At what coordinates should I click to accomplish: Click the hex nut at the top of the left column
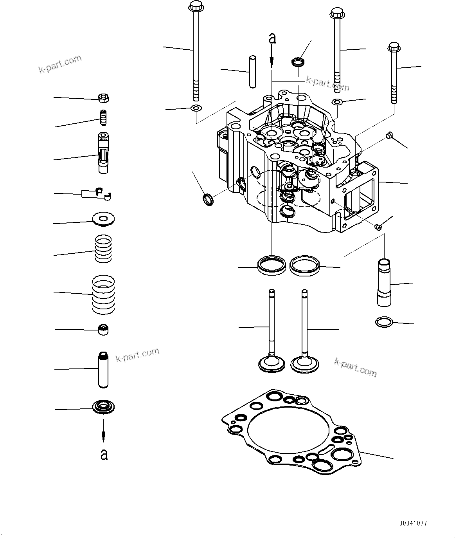tap(103, 98)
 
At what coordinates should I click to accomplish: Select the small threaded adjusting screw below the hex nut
tap(103, 117)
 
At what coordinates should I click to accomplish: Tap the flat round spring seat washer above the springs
tap(103, 219)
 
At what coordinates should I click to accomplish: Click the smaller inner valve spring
tap(103, 249)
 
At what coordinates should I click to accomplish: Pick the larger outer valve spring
tap(103, 294)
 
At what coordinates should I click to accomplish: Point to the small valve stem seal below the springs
tap(103, 330)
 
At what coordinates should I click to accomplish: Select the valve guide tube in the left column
tap(103, 370)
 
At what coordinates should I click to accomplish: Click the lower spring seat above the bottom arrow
tap(103, 407)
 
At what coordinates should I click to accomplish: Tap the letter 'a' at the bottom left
tap(104, 454)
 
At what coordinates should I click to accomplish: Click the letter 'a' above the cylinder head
tap(272, 38)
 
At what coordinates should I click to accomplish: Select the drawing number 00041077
tap(413, 523)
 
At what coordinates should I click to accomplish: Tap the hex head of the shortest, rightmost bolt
tap(394, 47)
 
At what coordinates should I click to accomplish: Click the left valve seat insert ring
tap(271, 265)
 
